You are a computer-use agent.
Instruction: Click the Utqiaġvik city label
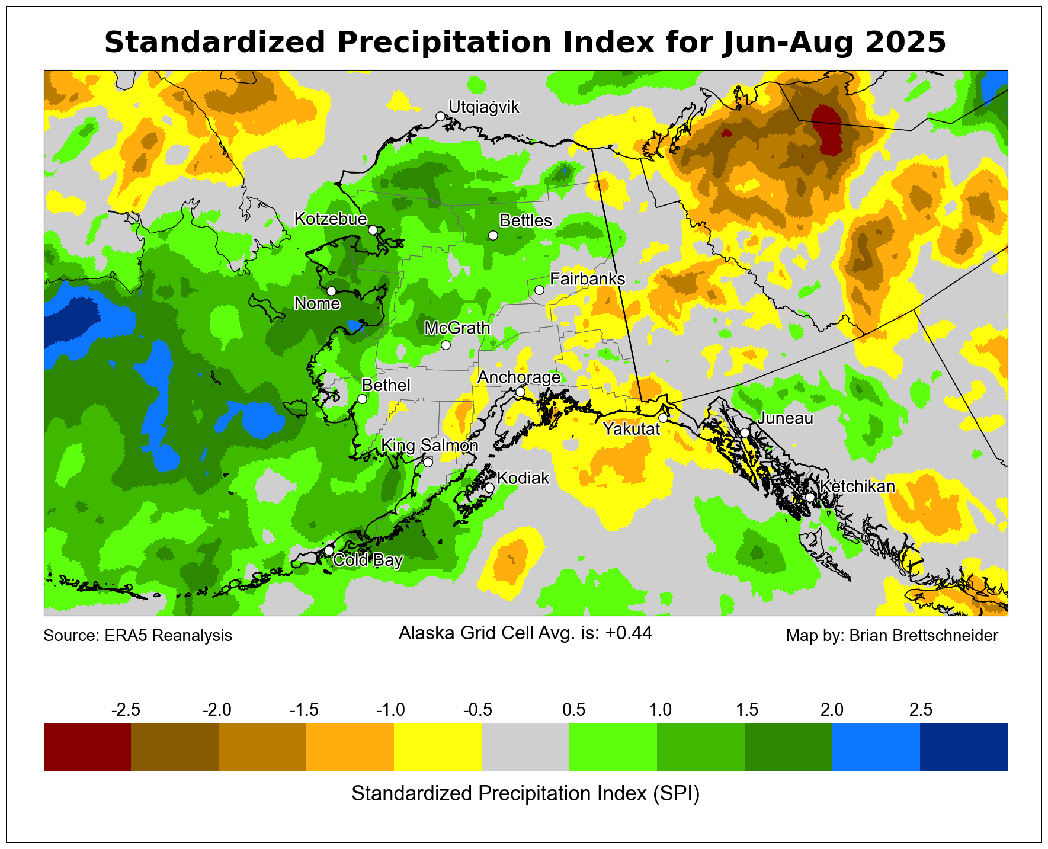[483, 107]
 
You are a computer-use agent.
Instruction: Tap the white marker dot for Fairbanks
[539, 290]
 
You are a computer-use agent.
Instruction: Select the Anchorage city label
[519, 377]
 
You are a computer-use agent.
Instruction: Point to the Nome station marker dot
[331, 291]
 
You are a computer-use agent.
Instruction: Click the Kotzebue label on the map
[331, 219]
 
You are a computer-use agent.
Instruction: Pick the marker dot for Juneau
[745, 432]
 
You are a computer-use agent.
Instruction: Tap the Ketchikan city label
[857, 487]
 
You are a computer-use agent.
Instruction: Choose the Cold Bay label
[368, 560]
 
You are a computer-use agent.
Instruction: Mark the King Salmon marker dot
[428, 462]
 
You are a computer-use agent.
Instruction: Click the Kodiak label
[523, 478]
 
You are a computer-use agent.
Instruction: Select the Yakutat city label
[631, 429]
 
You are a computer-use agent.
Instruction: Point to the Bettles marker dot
[493, 235]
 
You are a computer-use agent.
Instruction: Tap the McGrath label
[457, 328]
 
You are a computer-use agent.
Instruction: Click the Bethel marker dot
[363, 399]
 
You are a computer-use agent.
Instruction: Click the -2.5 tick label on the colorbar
[126, 710]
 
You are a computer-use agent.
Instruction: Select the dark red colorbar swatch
[87, 747]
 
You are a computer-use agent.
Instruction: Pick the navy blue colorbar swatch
[964, 747]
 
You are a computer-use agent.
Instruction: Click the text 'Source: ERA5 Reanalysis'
[138, 636]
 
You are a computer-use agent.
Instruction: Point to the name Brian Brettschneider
[924, 636]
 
